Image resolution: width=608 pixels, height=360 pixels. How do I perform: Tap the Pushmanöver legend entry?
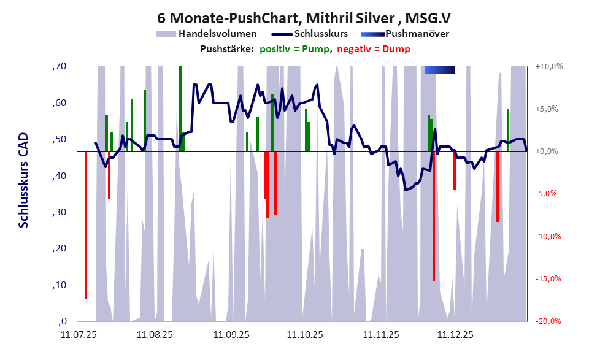[417, 34]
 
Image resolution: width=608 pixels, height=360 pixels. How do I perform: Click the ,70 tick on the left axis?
[59, 66]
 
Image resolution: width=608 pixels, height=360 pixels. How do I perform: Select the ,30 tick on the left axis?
[59, 212]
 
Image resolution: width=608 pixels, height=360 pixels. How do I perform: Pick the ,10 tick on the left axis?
[59, 285]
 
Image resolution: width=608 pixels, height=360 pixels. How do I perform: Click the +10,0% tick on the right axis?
[548, 66]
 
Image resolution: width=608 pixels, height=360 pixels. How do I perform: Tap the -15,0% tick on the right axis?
[548, 279]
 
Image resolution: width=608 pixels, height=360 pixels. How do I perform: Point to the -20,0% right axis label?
[548, 321]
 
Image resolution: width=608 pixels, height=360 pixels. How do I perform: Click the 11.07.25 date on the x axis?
[78, 335]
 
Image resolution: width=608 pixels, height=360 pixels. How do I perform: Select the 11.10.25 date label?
[304, 335]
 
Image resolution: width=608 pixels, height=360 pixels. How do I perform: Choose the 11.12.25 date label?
[455, 335]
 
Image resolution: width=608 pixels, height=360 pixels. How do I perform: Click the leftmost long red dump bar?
[86, 224]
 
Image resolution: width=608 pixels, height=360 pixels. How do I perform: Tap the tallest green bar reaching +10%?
[180, 108]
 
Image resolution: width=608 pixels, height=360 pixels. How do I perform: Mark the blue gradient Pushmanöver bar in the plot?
[440, 70]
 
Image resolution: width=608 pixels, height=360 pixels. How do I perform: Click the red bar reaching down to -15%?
[434, 216]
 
